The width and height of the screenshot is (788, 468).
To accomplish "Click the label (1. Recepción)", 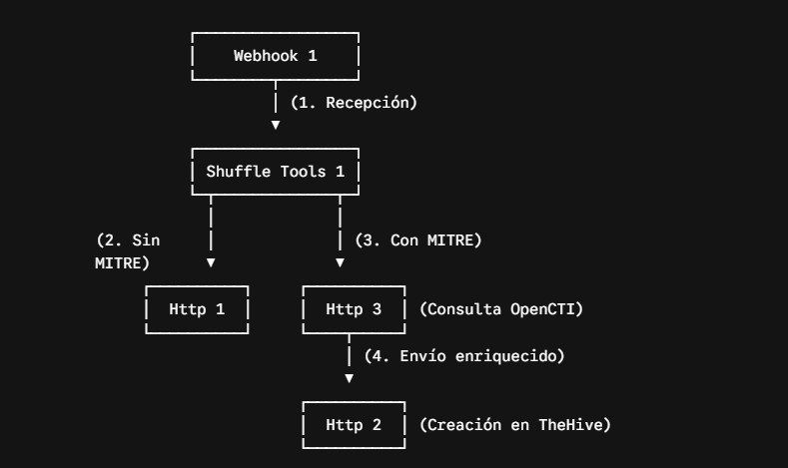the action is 354,103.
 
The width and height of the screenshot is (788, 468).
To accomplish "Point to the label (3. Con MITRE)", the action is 418,240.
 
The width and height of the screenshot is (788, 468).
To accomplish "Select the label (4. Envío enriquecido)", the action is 464,356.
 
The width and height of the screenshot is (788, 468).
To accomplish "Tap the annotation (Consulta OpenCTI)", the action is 501,309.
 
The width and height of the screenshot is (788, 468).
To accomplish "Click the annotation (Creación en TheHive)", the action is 515,425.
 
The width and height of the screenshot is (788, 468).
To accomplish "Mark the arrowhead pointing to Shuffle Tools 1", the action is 276,125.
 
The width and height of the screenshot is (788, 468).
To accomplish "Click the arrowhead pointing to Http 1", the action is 211,262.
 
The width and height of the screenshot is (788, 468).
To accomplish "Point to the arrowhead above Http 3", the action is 341,262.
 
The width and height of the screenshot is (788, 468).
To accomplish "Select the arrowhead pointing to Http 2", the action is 350,378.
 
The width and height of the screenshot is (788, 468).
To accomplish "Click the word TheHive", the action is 570,425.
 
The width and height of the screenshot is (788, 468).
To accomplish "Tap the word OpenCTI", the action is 542,309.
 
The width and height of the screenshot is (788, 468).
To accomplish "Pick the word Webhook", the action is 266,56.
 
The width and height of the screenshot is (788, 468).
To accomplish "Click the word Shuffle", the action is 239,172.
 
